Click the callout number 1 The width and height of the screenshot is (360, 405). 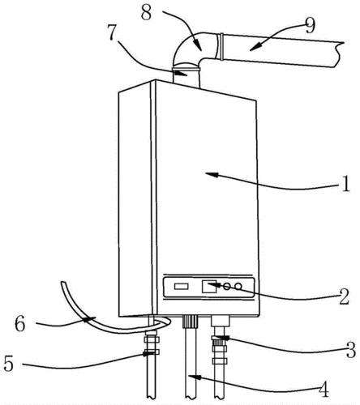[x=345, y=184]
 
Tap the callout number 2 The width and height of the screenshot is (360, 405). [x=345, y=296]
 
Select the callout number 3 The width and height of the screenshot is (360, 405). [x=351, y=350]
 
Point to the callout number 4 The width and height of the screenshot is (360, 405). [x=324, y=389]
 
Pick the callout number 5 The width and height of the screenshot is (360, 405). [x=9, y=363]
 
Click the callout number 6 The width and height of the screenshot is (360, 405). [x=20, y=323]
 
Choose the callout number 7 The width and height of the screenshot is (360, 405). [x=113, y=32]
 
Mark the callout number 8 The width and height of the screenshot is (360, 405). [x=147, y=12]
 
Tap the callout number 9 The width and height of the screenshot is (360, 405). [x=310, y=26]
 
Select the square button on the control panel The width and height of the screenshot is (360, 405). [x=209, y=287]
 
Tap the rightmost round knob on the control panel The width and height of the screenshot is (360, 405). [x=238, y=286]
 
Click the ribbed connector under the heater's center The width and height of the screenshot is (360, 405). [x=191, y=321]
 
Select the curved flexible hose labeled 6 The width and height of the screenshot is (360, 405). [x=89, y=318]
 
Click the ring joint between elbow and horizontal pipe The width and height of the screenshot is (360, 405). [x=221, y=46]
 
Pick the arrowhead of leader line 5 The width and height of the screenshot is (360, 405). [x=148, y=353]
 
